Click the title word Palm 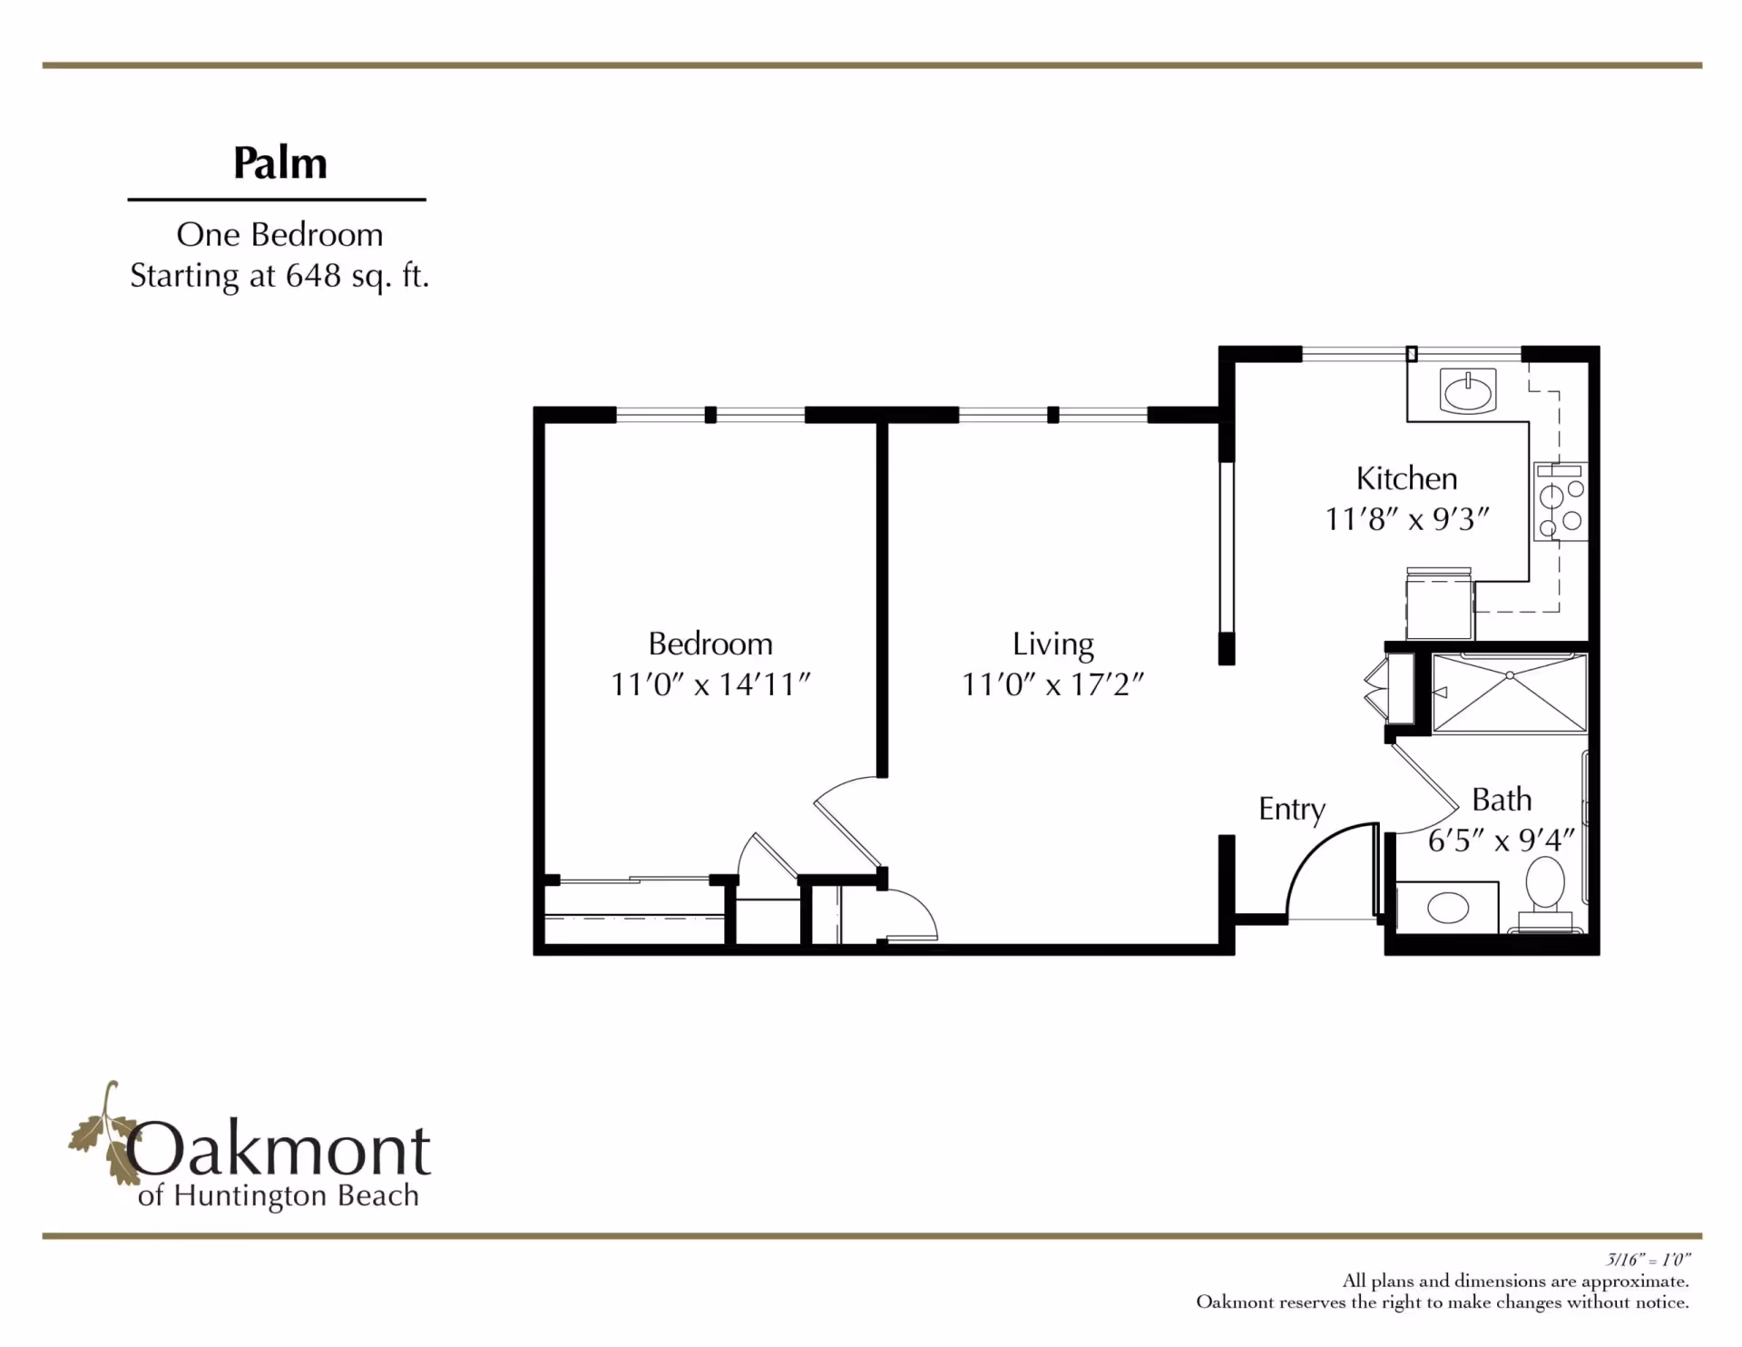(x=279, y=163)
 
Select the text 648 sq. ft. (x=357, y=275)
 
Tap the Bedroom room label (x=710, y=644)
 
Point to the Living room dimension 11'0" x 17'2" (x=1052, y=683)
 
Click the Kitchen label (x=1406, y=478)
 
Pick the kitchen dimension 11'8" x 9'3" (x=1406, y=519)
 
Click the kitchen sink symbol (x=1467, y=392)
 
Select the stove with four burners (x=1560, y=504)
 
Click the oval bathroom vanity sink (x=1447, y=907)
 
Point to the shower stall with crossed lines (x=1509, y=693)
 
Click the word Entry (x=1291, y=808)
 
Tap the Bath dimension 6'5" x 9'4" (x=1501, y=841)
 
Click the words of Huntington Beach (x=279, y=1196)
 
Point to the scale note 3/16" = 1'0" (x=1648, y=1260)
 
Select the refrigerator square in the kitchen (x=1439, y=606)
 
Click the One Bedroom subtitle (x=279, y=234)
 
